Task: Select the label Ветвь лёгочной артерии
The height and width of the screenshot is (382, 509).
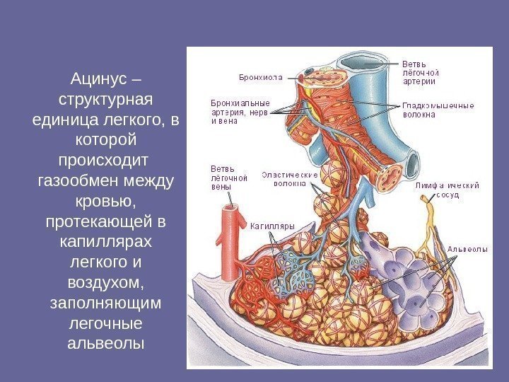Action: pos(421,72)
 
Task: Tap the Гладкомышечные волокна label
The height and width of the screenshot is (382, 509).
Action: pos(438,110)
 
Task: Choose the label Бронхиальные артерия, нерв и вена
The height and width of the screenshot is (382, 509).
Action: pos(239,110)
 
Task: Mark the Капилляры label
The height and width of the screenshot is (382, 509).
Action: pos(272,227)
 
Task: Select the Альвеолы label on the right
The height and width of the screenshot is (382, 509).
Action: pos(467,249)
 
